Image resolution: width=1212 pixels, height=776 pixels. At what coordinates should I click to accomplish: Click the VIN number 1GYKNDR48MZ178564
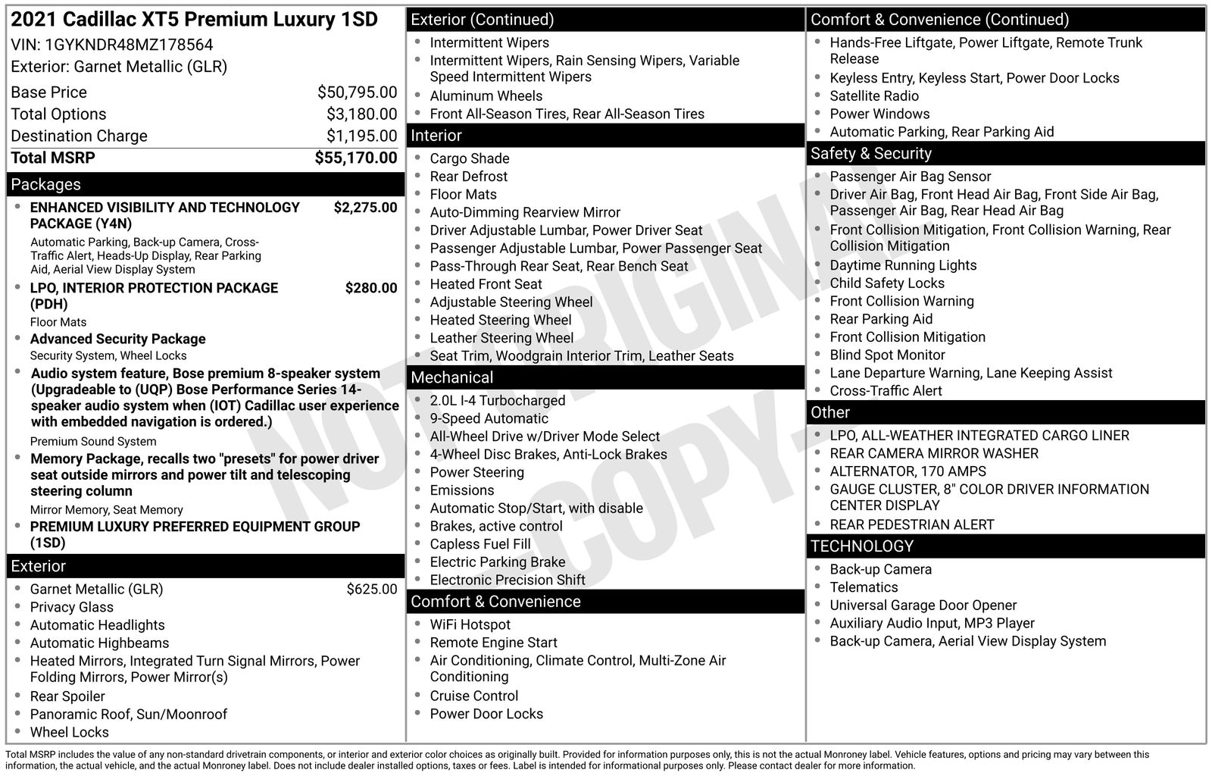129,45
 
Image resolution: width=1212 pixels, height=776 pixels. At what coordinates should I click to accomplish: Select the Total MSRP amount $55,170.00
355,158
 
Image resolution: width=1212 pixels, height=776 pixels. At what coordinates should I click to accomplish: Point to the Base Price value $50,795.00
357,92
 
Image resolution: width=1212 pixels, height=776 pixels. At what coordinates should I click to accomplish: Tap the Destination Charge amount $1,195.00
361,136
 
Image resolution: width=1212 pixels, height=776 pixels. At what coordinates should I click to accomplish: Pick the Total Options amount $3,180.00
361,114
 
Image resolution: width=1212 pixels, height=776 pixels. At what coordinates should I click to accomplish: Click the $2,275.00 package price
365,208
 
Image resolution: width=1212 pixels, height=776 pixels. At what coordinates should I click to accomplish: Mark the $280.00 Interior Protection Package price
370,288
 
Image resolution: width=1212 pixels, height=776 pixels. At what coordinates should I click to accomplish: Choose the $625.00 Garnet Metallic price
371,590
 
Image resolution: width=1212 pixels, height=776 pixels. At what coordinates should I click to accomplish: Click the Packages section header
45,185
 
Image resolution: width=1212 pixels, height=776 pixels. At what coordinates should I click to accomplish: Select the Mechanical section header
451,377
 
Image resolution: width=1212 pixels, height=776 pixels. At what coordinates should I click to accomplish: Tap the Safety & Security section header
870,154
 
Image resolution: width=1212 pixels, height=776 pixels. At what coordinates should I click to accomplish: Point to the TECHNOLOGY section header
861,546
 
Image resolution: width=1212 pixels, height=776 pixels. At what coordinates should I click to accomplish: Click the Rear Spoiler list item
67,696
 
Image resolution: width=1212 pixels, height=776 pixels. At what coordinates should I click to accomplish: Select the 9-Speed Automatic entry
489,418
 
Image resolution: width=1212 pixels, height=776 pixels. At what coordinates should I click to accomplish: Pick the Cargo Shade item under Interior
469,158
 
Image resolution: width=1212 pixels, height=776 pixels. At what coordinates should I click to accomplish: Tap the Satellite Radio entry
873,96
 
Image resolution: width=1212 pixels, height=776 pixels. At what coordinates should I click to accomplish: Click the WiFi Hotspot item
470,624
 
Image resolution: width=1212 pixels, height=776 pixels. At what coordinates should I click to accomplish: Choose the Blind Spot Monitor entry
887,355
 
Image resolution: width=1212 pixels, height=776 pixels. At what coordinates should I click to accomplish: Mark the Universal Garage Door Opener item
923,605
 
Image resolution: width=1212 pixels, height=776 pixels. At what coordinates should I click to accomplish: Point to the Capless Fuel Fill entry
479,544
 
